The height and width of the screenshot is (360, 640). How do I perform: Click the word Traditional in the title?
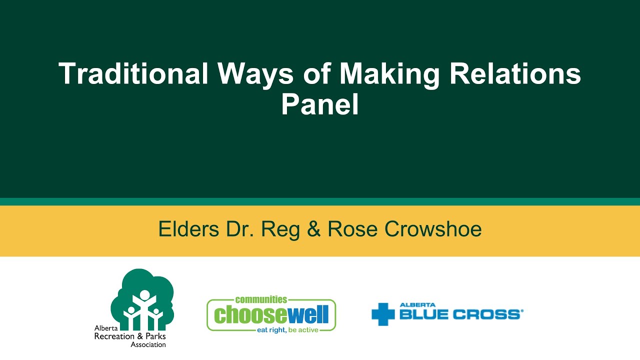click(133, 74)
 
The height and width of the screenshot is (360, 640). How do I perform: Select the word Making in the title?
click(390, 74)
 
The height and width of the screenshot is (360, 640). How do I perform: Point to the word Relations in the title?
click(515, 74)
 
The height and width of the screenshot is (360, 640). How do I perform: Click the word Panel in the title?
click(320, 105)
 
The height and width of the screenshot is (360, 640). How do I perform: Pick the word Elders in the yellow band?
click(188, 229)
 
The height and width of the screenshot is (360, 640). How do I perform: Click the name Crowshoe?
click(433, 229)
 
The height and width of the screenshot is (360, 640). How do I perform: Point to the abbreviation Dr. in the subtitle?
click(239, 229)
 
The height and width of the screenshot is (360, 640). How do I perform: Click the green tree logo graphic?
click(143, 297)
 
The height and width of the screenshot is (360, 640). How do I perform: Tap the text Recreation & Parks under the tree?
click(130, 336)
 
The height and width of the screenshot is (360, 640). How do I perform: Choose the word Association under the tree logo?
click(148, 344)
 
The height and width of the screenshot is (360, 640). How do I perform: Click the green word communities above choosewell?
click(261, 299)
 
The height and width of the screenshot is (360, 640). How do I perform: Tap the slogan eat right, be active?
click(287, 330)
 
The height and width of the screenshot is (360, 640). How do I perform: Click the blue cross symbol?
click(383, 314)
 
